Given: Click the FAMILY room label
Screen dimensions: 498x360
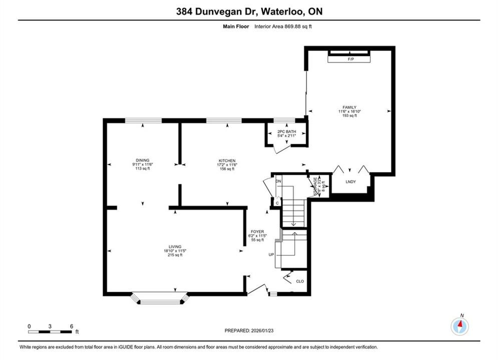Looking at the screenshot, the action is tap(349, 107).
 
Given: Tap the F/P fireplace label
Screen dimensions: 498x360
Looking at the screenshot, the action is tap(351, 59).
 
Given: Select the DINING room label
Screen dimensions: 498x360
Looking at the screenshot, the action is tap(142, 160).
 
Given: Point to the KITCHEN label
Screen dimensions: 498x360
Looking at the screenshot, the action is tap(227, 161).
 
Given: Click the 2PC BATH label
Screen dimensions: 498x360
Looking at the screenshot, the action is tap(286, 131).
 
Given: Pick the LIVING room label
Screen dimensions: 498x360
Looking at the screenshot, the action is tap(175, 246).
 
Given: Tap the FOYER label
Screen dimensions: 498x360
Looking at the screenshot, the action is tap(257, 231).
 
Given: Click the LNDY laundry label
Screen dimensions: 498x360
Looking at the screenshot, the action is tap(351, 181).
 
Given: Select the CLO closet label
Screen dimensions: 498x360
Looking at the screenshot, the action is tap(300, 281).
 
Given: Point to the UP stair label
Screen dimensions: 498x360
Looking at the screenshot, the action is tap(271, 254).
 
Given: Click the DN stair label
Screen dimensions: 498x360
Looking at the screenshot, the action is tap(279, 181).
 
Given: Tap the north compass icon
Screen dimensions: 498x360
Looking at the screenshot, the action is tap(460, 325).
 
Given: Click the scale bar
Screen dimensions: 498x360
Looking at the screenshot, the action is tap(50, 332).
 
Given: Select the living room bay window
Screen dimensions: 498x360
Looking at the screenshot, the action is tap(160, 298).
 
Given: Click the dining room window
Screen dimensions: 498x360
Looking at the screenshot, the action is tap(143, 120).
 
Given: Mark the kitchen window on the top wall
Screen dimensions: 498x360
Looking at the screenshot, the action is tap(224, 120).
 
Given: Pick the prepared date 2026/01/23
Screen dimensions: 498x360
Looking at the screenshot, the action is tap(262, 330).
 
